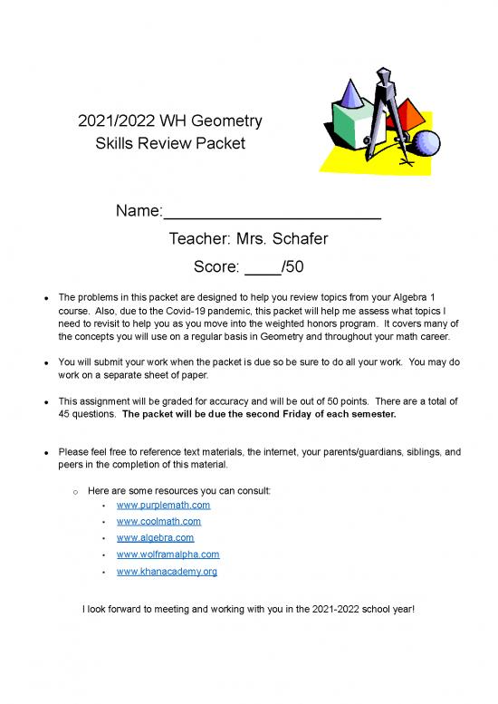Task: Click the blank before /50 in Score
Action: pyautogui.click(x=263, y=267)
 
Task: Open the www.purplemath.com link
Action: pyautogui.click(x=163, y=505)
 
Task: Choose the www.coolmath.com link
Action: pyautogui.click(x=158, y=522)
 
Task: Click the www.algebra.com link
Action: pyautogui.click(x=155, y=538)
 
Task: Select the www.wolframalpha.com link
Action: pyautogui.click(x=168, y=555)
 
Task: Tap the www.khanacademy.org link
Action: pyautogui.click(x=167, y=572)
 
